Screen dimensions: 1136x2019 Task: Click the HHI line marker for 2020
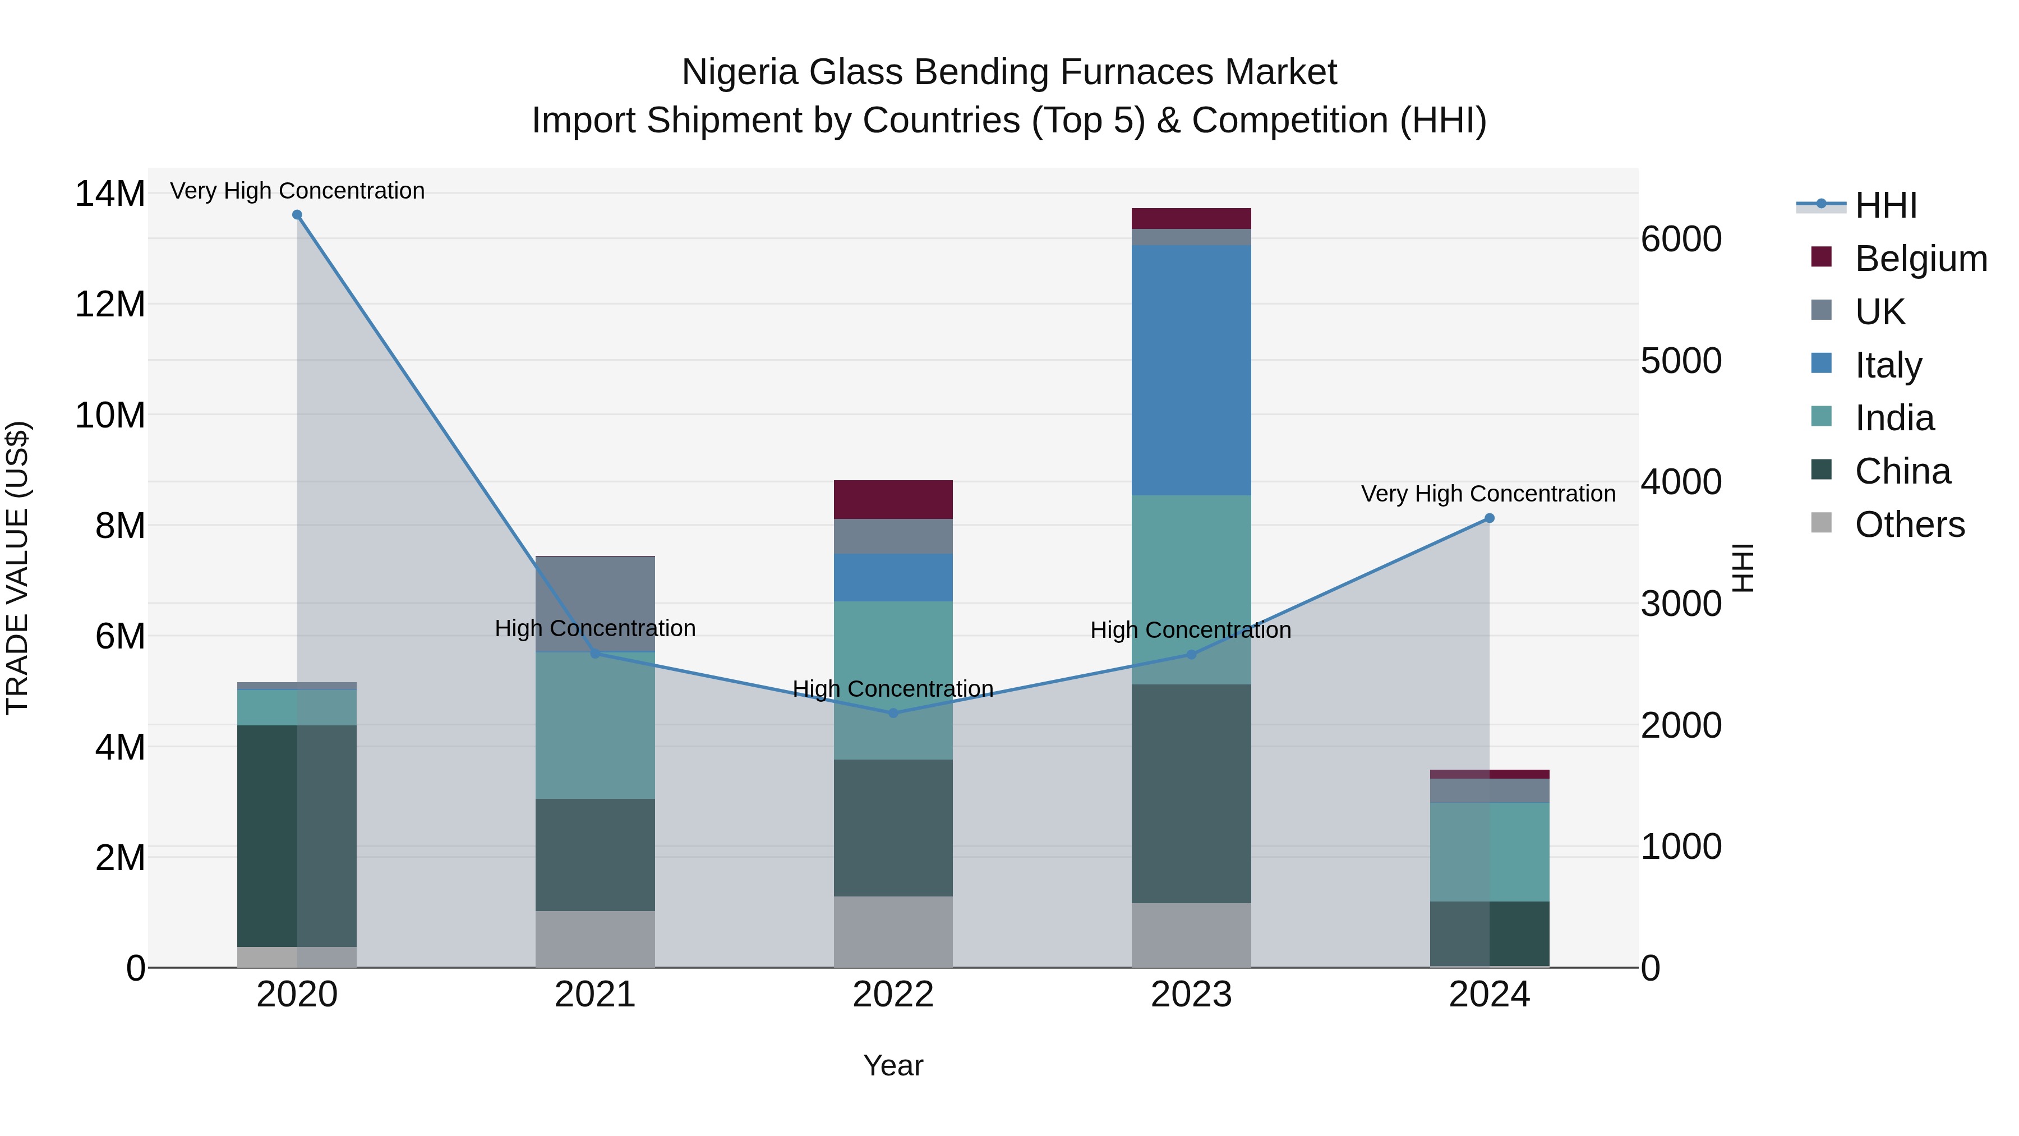coord(297,215)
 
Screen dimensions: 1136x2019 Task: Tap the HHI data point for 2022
coord(893,712)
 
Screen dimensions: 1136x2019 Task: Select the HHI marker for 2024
coord(1489,518)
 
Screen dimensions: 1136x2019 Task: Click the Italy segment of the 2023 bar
coord(1191,370)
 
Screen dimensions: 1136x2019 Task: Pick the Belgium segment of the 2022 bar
coord(893,499)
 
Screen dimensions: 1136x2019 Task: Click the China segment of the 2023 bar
coord(1191,793)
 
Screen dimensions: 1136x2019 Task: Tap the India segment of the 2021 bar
coord(595,725)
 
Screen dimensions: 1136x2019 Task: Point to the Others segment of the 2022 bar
coord(893,931)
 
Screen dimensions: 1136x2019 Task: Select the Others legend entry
coord(1909,525)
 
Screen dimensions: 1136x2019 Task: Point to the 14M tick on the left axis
coord(110,194)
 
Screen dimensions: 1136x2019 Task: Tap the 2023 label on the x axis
coord(1191,995)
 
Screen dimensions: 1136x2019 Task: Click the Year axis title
coord(893,1065)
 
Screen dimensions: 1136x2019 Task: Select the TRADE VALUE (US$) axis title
coord(17,568)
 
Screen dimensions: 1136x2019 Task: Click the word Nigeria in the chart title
coord(741,72)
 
